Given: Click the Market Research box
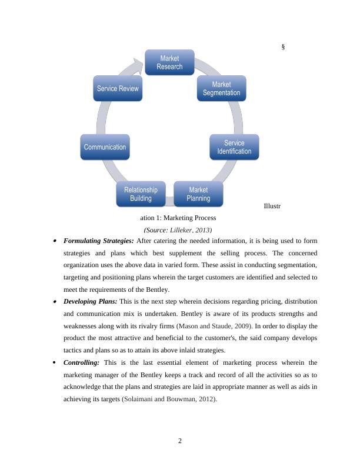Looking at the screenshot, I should (169, 62).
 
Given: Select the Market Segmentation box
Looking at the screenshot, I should (221, 89).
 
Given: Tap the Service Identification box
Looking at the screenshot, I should (234, 147).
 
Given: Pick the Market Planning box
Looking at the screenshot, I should (198, 194).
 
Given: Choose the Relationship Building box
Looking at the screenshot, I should (141, 194).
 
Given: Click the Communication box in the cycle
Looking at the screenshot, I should (105, 147).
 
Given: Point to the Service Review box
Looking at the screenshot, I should (118, 89).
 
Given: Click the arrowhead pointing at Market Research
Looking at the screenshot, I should (139, 62).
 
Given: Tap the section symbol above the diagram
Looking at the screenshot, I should (283, 46).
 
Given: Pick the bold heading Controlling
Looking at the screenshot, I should (82, 362).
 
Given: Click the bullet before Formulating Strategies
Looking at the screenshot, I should (55, 241).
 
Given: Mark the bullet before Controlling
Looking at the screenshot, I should (55, 362).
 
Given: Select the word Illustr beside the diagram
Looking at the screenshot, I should (272, 207).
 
